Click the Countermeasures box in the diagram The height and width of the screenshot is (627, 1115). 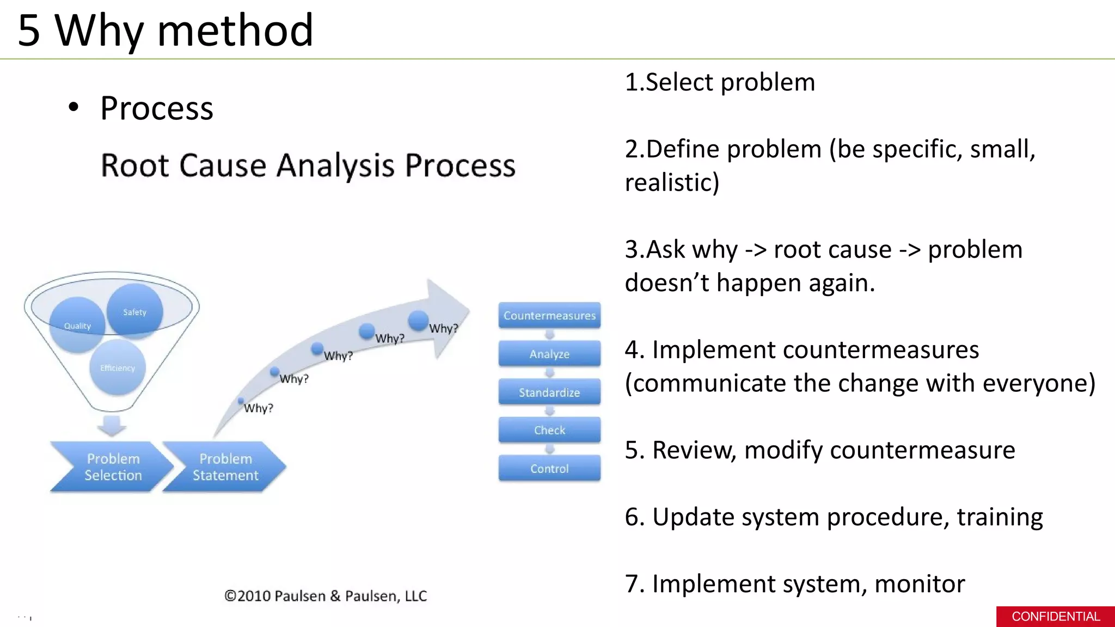(549, 316)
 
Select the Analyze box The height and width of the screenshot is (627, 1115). (549, 354)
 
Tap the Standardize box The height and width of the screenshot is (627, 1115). (549, 392)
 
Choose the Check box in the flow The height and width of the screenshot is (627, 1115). (549, 430)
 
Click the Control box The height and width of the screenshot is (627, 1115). (549, 469)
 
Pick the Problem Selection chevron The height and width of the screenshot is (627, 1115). (112, 467)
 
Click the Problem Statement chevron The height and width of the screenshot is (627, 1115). (224, 467)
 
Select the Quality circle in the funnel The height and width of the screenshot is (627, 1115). (77, 325)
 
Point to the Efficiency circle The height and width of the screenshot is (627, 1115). (117, 368)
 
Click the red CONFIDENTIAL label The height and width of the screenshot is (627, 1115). (1055, 617)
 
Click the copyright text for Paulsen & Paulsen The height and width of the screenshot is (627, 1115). (326, 596)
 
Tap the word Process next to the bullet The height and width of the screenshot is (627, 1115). (157, 108)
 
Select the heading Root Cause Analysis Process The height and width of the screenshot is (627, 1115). (308, 165)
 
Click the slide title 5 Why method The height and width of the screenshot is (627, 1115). (165, 30)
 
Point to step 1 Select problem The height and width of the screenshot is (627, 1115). (720, 83)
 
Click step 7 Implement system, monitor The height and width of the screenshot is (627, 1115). (795, 584)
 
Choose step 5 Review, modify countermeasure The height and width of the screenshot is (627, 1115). (820, 450)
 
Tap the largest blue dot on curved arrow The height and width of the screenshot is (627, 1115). (418, 320)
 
